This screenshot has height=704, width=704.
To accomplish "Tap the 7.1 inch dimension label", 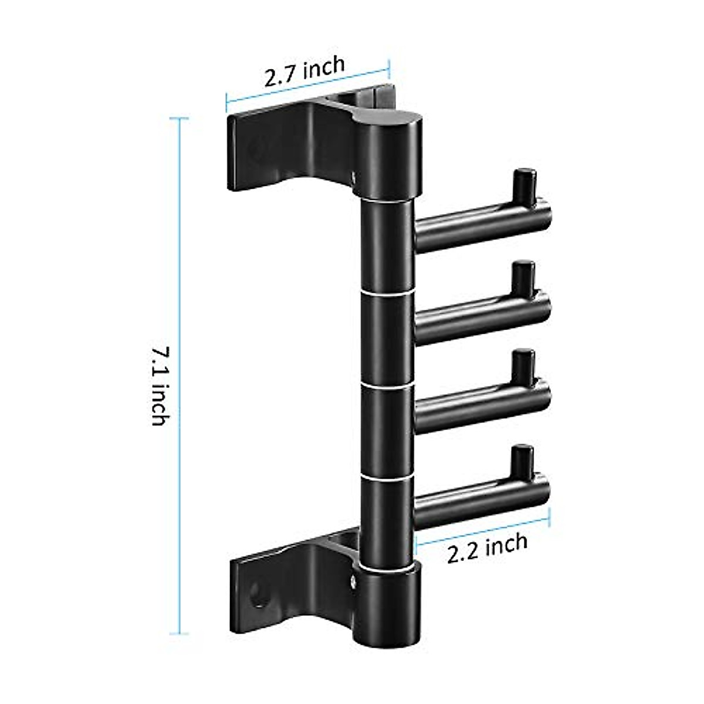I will point(160,386).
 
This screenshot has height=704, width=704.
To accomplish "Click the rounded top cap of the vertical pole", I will point(388,124).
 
